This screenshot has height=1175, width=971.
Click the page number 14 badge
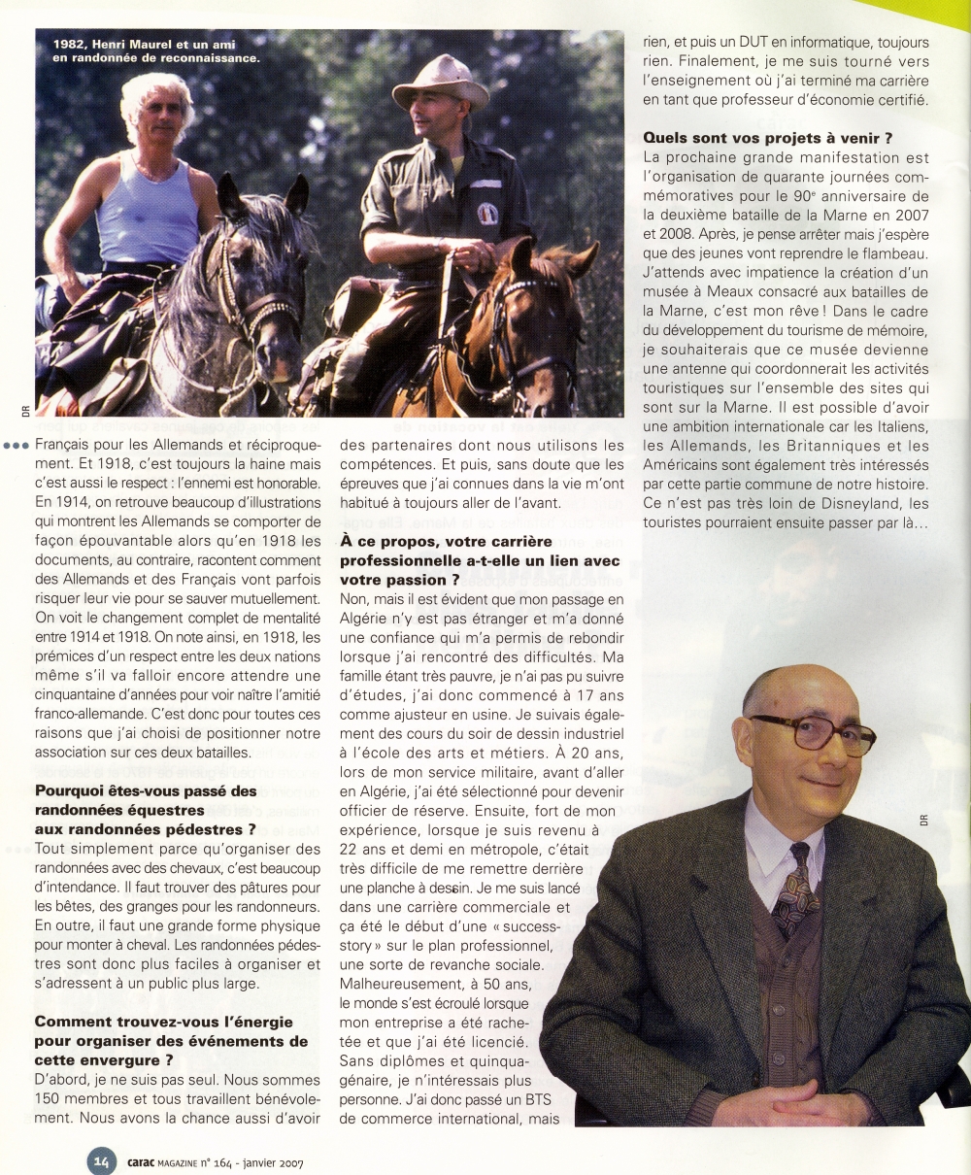pos(102,1158)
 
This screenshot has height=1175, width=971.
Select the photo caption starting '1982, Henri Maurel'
pos(151,50)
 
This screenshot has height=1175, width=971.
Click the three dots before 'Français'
pos(16,446)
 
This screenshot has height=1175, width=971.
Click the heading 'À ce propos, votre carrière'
pos(446,542)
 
